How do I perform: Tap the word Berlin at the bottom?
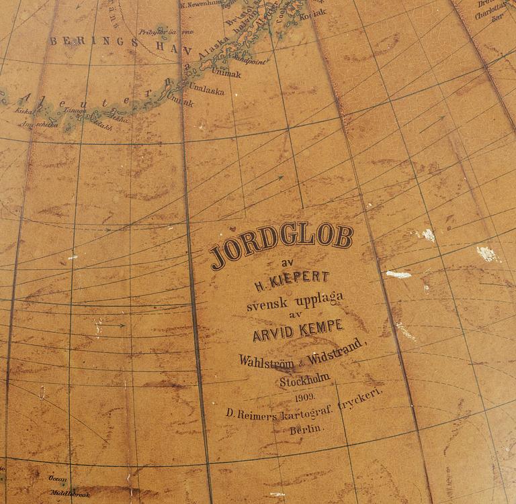[306, 427]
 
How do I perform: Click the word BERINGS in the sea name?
[94, 41]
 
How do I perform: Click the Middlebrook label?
[70, 495]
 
